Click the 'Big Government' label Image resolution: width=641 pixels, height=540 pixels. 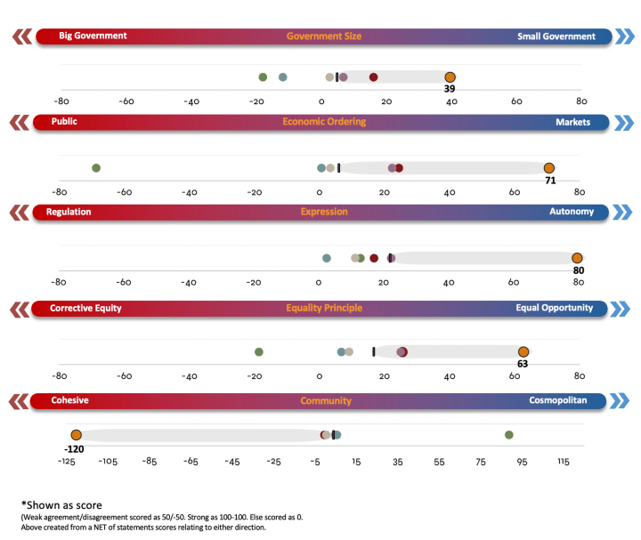(93, 36)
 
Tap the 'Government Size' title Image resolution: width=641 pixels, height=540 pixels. (324, 36)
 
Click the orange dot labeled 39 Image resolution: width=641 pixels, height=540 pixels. (450, 77)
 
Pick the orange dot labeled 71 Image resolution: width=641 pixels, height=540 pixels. (549, 168)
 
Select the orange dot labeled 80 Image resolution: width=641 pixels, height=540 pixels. (578, 258)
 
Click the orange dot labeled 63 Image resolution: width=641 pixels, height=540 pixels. (523, 352)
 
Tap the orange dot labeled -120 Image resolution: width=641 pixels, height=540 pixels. (76, 435)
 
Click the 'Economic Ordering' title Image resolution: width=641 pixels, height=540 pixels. (324, 122)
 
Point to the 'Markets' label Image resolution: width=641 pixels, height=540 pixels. (572, 122)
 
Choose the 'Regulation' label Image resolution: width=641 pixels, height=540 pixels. (69, 212)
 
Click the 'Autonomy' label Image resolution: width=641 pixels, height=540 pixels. (572, 212)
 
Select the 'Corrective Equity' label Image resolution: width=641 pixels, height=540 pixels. (85, 308)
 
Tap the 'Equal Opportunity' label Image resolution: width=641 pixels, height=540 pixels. (554, 308)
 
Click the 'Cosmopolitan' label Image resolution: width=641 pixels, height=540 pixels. (557, 400)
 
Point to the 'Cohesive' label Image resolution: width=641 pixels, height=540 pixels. (69, 400)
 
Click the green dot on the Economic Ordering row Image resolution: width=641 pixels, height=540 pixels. (96, 168)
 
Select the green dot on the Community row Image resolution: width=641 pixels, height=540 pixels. (508, 435)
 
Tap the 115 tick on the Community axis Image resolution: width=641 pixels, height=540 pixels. (564, 462)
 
